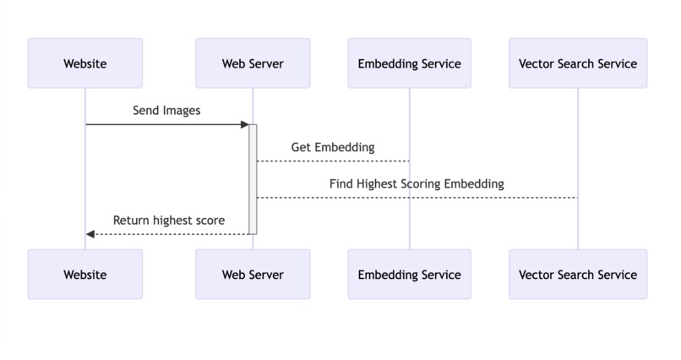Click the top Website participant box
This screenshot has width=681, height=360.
tap(84, 63)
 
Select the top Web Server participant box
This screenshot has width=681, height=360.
tap(253, 63)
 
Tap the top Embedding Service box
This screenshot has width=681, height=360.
tap(409, 63)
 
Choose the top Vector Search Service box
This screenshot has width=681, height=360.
tap(578, 63)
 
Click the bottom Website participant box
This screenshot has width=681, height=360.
tap(84, 274)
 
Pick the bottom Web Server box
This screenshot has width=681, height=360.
tap(253, 274)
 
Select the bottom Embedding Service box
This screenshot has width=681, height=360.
tap(409, 274)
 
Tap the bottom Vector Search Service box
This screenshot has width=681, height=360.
tap(578, 274)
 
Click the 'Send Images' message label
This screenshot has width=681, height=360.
tap(166, 111)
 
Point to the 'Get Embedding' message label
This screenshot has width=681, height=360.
tap(333, 147)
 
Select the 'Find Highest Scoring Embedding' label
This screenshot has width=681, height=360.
tap(417, 183)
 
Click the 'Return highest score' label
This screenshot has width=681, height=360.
tap(169, 221)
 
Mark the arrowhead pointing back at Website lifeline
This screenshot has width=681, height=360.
tap(90, 234)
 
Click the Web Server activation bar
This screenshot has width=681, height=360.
tap(253, 179)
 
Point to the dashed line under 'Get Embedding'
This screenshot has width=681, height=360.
tap(333, 161)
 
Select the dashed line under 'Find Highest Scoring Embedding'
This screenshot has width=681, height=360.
tap(417, 198)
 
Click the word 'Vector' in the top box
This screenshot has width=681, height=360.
tap(537, 63)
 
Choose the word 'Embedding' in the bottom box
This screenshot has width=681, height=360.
tap(387, 274)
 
